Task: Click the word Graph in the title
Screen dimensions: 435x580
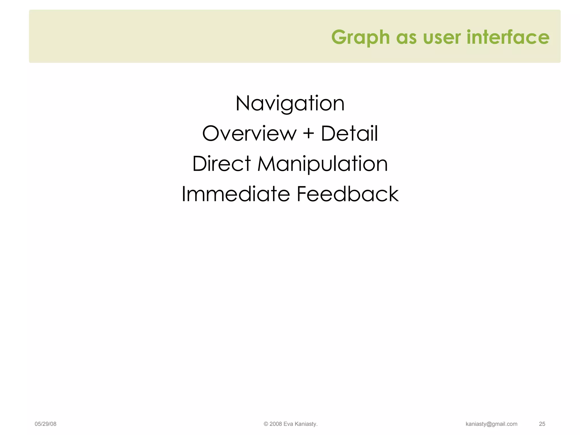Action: pyautogui.click(x=361, y=37)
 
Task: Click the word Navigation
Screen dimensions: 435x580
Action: pyautogui.click(x=290, y=104)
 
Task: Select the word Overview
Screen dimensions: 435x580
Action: pyautogui.click(x=249, y=133)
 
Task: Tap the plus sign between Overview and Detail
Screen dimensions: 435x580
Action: pyautogui.click(x=309, y=133)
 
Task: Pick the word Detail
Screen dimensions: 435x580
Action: pyautogui.click(x=349, y=133)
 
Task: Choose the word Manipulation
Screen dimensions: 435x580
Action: pyautogui.click(x=322, y=164)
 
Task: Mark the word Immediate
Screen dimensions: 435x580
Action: pyautogui.click(x=236, y=194)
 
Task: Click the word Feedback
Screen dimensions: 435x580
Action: pyautogui.click(x=347, y=194)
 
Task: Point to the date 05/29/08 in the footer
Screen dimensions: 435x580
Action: pyautogui.click(x=45, y=424)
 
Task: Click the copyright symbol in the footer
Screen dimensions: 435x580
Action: pyautogui.click(x=266, y=424)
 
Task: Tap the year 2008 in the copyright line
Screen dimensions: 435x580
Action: pyautogui.click(x=276, y=424)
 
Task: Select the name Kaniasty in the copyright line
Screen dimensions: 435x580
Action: pyautogui.click(x=306, y=424)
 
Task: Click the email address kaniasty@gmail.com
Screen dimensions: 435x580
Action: pyautogui.click(x=491, y=424)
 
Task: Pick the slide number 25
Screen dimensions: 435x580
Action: pyautogui.click(x=542, y=424)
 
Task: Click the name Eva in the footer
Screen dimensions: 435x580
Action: pyautogui.click(x=288, y=424)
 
